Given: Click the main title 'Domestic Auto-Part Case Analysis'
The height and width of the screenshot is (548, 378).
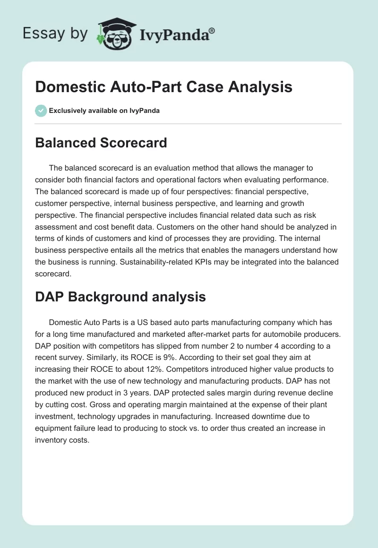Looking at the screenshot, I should click(163, 87).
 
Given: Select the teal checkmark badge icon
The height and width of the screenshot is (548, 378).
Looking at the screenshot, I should click(41, 111).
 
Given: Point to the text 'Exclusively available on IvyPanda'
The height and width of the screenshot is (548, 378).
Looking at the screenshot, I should click(104, 111).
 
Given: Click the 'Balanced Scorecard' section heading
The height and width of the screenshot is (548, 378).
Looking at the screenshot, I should click(101, 143).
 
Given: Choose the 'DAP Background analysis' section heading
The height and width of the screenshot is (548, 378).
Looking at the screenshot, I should click(120, 297).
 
